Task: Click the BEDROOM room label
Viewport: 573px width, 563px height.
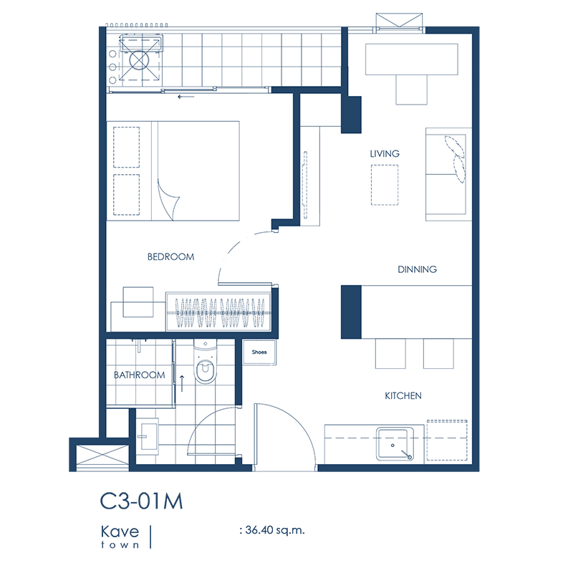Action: point(170,257)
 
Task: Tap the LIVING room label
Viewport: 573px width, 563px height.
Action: point(385,154)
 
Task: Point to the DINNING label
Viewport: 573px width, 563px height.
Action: point(417,269)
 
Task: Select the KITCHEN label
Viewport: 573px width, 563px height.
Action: point(403,395)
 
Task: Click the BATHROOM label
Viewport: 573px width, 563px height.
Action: point(139,375)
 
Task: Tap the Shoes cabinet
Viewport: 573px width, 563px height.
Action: point(259,352)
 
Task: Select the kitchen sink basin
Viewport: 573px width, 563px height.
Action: point(395,444)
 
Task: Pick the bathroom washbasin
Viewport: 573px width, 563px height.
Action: point(149,436)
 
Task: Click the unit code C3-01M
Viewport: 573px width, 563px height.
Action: point(141,501)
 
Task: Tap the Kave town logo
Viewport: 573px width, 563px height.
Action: point(120,536)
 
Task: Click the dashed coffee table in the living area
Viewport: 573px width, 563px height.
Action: point(385,185)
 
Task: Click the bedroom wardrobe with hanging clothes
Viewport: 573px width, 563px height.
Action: point(218,312)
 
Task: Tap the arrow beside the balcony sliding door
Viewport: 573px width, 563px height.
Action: point(186,97)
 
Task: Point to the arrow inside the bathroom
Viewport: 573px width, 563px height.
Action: point(182,383)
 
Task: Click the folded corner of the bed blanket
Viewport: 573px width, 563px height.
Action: point(168,199)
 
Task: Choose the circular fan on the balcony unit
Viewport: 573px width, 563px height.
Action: point(139,60)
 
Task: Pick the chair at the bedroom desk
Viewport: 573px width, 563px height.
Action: point(138,302)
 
